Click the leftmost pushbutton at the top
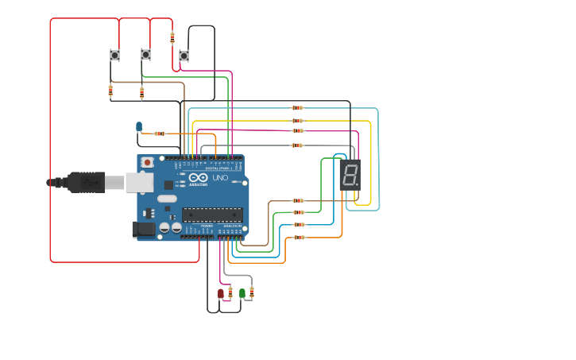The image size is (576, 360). pos(114,55)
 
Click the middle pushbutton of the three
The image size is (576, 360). pos(145,54)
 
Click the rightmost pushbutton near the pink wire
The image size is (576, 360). pos(184,56)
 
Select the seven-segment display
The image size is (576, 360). pos(350,175)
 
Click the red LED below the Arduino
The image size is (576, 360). pos(221,293)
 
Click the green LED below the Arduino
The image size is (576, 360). pos(242,292)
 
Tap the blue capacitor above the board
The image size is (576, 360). pos(139,126)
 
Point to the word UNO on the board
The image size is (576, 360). pos(220,178)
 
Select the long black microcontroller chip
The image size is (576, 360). pos(212,214)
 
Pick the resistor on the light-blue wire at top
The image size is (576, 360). pos(297,108)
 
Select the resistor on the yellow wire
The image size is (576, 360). pos(297,121)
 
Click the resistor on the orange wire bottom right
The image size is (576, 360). pos(299,237)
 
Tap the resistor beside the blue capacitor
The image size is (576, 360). pos(159,134)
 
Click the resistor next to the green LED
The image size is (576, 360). pos(252,292)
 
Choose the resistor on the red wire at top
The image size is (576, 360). pos(172,37)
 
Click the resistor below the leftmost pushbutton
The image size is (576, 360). pos(110,91)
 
